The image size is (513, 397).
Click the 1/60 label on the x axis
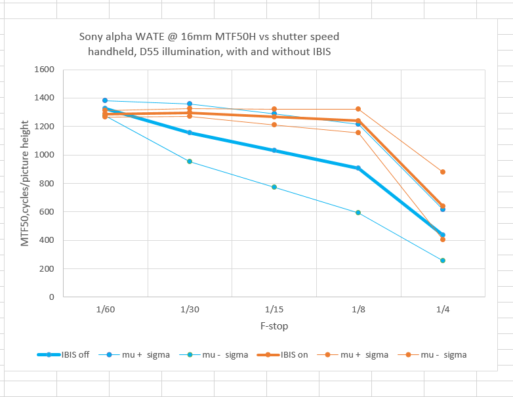105,309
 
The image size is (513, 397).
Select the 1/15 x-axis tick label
274,309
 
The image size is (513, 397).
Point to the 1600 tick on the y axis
46,70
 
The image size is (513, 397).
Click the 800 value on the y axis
49,184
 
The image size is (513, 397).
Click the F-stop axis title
274,325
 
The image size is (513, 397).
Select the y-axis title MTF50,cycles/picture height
25,183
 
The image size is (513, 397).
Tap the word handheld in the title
112,51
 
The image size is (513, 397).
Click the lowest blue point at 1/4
443,261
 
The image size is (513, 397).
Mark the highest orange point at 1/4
443,172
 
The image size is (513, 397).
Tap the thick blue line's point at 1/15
274,150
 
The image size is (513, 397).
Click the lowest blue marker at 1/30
190,161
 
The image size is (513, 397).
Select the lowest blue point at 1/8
358,213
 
